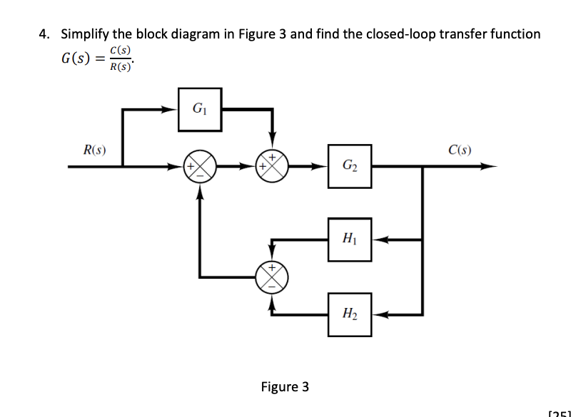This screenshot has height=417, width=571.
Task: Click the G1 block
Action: click(199, 109)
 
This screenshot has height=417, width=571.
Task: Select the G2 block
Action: click(350, 166)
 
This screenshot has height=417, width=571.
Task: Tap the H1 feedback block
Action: click(350, 239)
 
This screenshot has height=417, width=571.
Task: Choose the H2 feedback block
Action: click(350, 314)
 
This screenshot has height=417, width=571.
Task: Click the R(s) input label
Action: click(95, 150)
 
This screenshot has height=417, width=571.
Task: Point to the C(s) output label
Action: click(460, 150)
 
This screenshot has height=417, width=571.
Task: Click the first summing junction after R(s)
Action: click(200, 168)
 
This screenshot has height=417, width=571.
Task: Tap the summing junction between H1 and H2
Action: click(273, 275)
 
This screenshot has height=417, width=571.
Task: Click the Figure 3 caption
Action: click(285, 387)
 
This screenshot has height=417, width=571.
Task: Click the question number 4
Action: click(44, 34)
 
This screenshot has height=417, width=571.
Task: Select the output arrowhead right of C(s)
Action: click(489, 168)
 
